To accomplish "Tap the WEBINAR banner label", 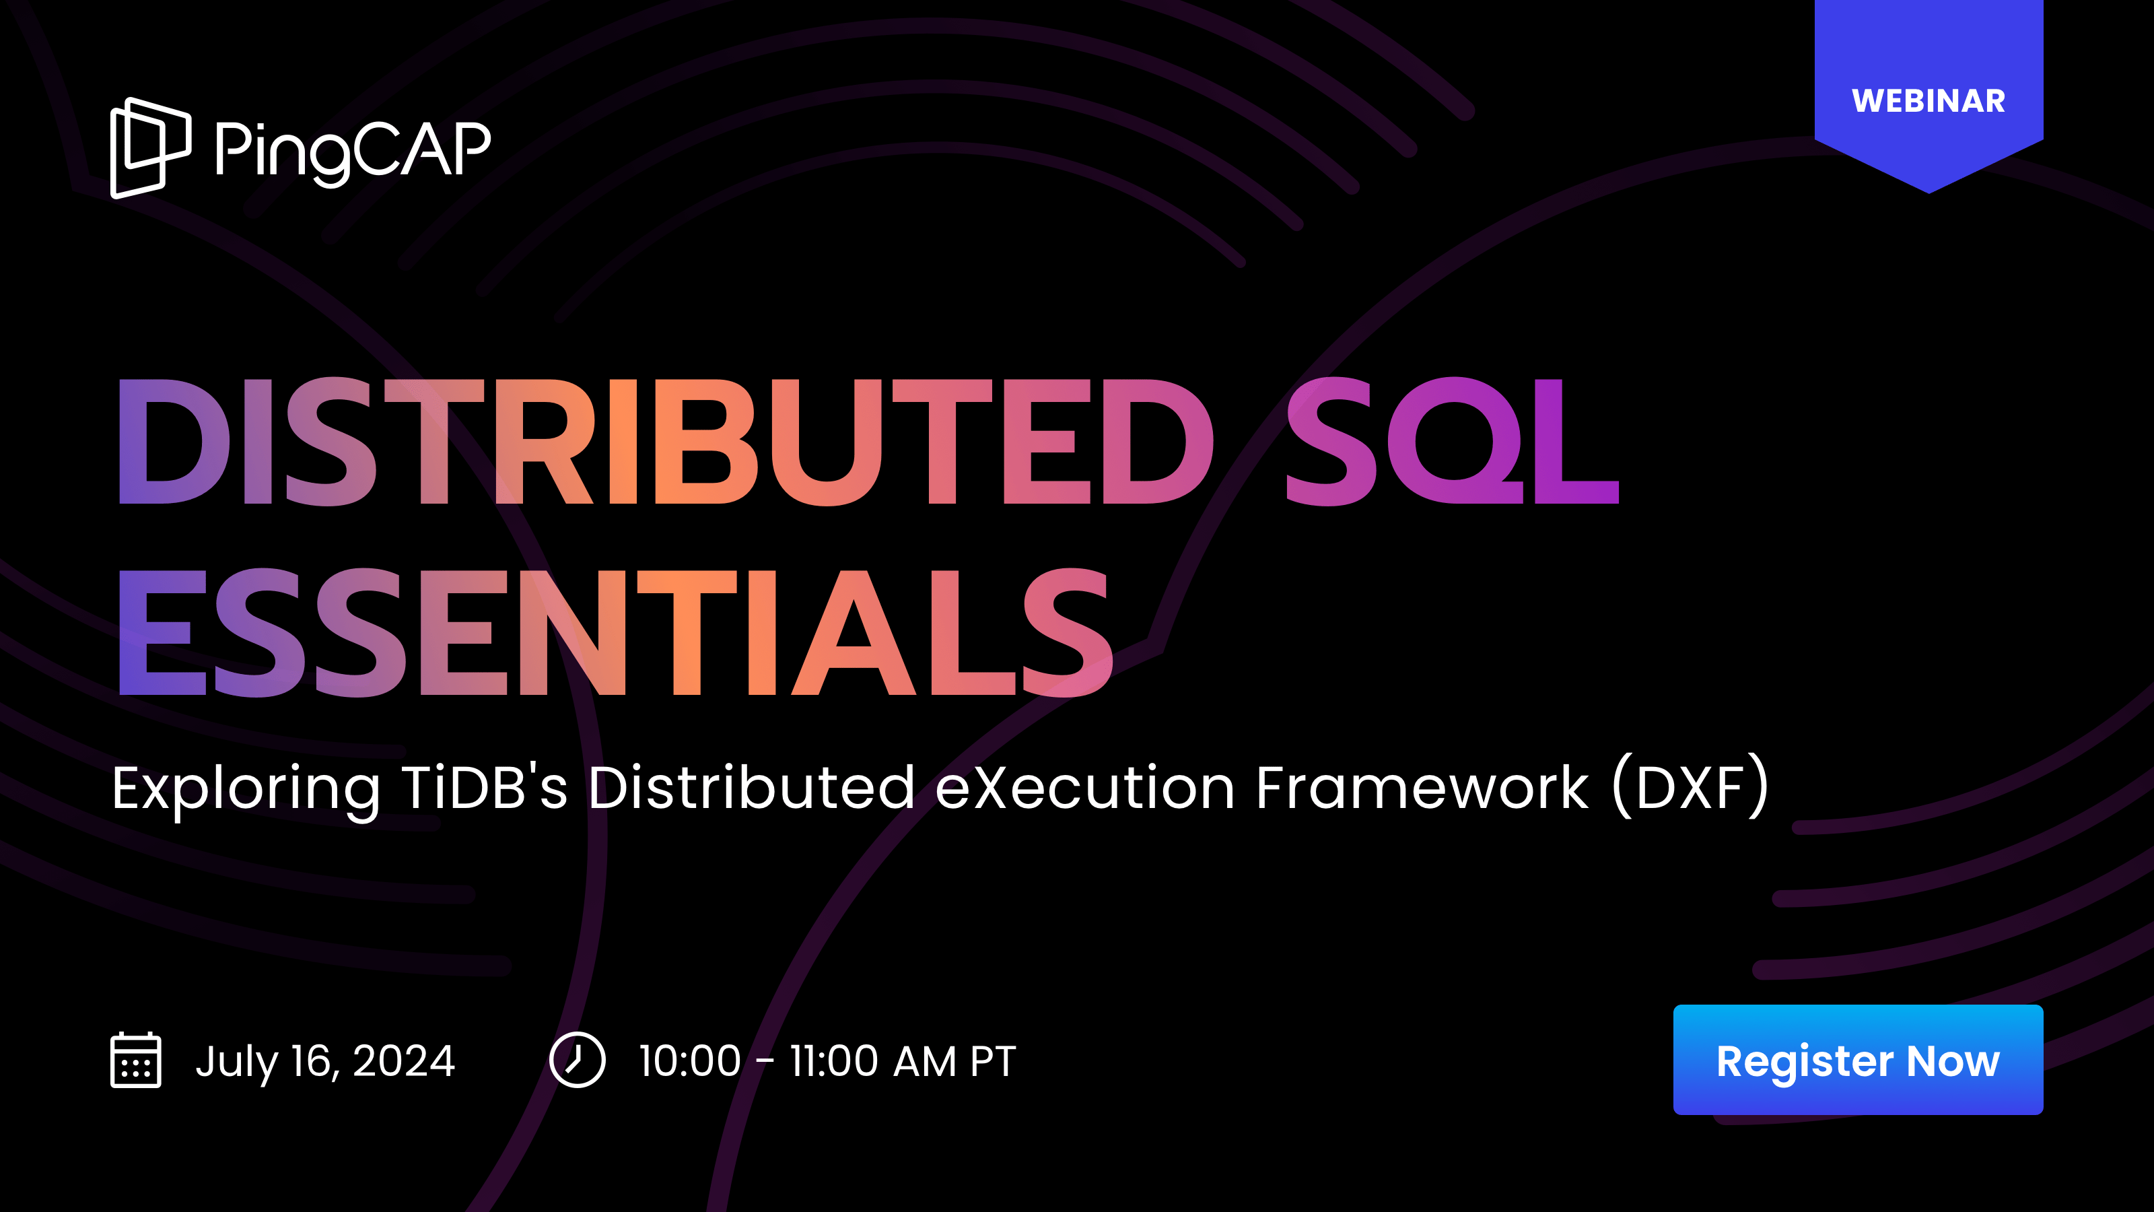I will click(1929, 101).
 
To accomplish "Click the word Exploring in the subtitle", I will click(246, 788).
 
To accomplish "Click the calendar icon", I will click(135, 1060).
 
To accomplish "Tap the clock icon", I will click(577, 1060).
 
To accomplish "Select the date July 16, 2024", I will click(324, 1061).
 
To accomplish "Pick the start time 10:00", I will click(690, 1060).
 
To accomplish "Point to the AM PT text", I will click(954, 1060).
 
